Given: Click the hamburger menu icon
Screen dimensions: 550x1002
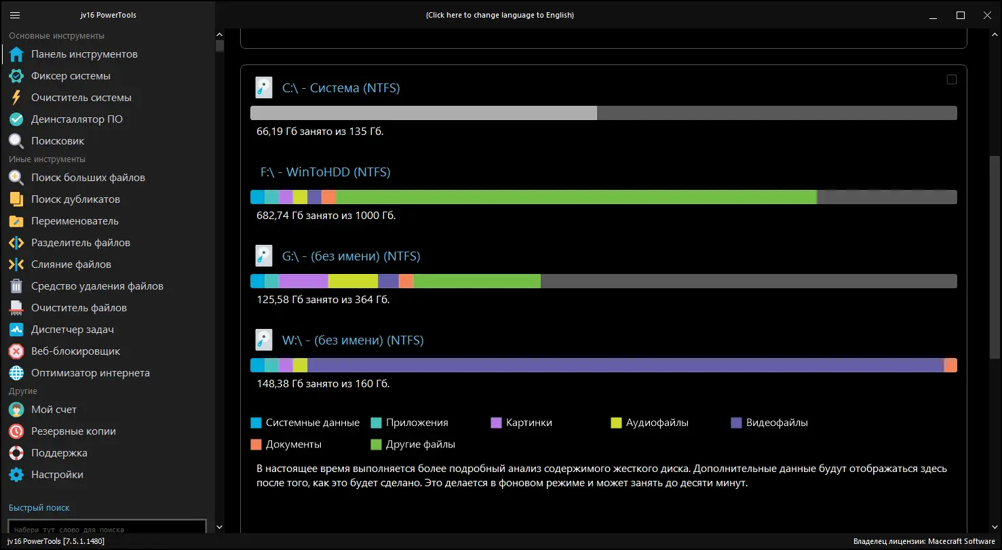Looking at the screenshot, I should point(16,15).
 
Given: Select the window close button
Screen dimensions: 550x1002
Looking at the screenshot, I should point(986,15).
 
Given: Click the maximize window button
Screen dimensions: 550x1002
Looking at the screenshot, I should point(961,15).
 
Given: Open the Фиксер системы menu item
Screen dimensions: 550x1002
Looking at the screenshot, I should point(71,76).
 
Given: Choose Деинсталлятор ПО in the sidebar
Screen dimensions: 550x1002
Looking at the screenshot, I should point(77,119).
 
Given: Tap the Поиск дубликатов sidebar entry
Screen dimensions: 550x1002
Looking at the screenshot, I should point(75,199).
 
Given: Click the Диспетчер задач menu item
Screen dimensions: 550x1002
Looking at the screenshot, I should point(72,330).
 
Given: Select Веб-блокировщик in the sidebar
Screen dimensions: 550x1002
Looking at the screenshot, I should point(75,351).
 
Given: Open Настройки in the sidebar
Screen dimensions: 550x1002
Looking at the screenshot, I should point(57,475).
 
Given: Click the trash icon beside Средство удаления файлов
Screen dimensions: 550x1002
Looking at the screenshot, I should point(16,286).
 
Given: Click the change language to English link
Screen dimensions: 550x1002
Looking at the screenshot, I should point(499,15).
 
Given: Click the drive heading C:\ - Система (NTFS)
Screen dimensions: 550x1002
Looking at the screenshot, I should point(341,88).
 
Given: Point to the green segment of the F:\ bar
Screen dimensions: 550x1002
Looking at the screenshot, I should point(576,197).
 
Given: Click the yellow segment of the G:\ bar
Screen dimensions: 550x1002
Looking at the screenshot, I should point(353,281).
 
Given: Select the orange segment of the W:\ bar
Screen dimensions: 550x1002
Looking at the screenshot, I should point(950,365).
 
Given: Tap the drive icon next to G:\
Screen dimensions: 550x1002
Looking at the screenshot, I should point(263,256).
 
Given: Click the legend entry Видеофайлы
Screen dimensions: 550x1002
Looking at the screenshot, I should point(777,423).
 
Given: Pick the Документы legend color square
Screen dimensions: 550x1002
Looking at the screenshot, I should point(256,444).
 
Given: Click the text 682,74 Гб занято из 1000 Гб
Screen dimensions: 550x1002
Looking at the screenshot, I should point(326,216).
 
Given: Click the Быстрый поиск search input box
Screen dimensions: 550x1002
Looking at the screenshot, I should point(107,528).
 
